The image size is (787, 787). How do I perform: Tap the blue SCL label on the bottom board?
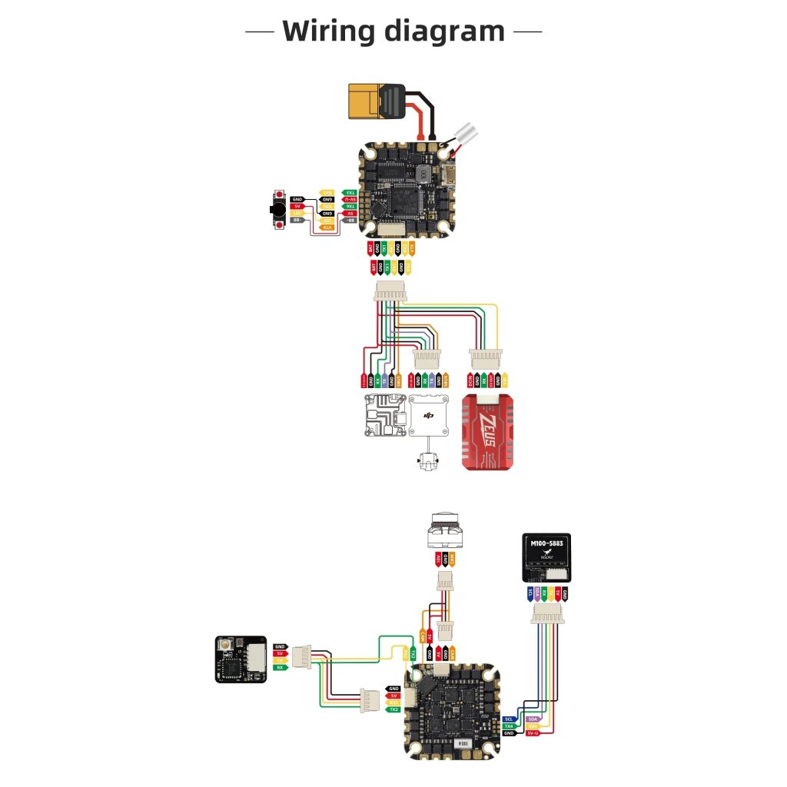tap(508, 719)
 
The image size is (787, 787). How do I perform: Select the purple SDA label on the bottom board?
tap(534, 719)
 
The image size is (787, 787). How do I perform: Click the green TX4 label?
tap(508, 726)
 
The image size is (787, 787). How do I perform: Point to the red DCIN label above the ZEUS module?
tap(470, 380)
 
